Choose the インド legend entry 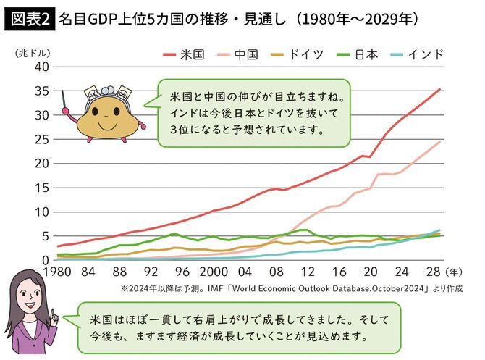[x=418, y=54]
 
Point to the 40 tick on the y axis [x=41, y=67]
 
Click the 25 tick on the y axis [x=41, y=139]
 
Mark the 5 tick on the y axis [x=45, y=236]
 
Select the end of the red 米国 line [x=439, y=89]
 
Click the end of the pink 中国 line [x=439, y=141]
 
